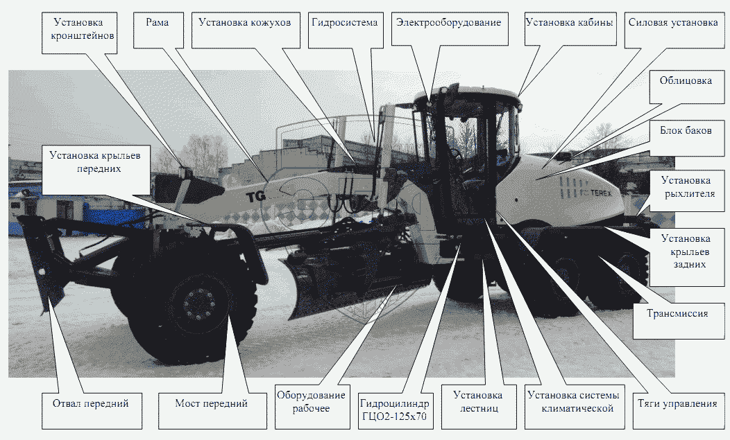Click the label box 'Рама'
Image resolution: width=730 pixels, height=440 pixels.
pos(157,22)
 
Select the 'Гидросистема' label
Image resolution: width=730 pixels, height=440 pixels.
pos(344,22)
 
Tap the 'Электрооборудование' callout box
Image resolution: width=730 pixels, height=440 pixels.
pos(448,22)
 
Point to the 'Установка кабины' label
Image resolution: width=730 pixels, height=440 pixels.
pos(570,22)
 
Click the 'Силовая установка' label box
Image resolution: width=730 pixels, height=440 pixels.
pos(672,22)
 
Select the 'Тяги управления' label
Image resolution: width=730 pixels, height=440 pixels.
pos(677,404)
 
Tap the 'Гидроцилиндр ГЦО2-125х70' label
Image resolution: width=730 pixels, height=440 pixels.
pos(394,410)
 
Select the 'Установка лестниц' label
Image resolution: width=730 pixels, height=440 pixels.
pos(477,402)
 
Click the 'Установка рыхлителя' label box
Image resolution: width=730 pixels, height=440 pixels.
pos(686,188)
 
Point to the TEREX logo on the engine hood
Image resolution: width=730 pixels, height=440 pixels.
pos(596,193)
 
